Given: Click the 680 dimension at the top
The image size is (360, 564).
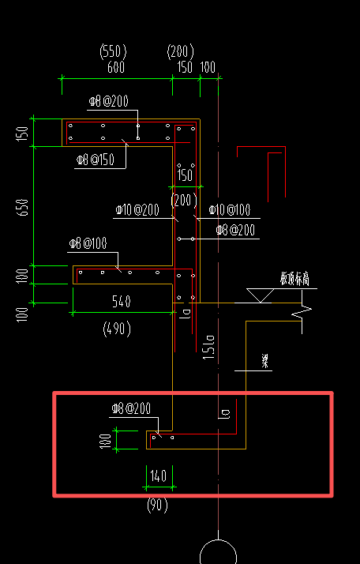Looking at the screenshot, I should pyautogui.click(x=116, y=68).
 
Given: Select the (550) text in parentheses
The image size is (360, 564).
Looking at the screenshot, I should pyautogui.click(x=114, y=52).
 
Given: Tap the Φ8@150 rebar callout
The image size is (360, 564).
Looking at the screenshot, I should pyautogui.click(x=96, y=160).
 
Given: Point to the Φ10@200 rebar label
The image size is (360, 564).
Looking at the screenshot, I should pyautogui.click(x=137, y=210).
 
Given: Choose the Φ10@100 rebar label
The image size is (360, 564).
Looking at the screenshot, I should pyautogui.click(x=230, y=210).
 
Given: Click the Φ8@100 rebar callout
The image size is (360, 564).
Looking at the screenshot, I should pyautogui.click(x=88, y=243).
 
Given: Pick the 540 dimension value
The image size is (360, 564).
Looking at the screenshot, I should pyautogui.click(x=121, y=301).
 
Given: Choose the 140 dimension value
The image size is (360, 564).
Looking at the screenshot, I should pyautogui.click(x=159, y=476).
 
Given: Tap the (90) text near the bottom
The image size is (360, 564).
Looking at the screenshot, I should pyautogui.click(x=158, y=505).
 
